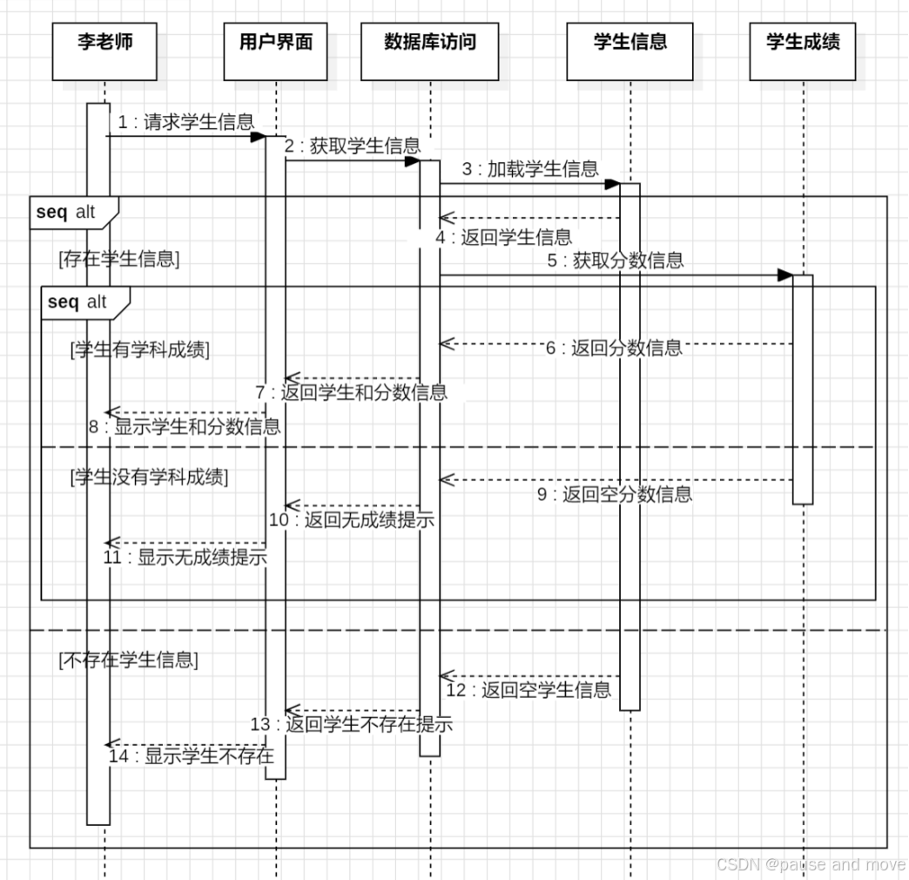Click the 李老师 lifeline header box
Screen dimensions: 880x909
click(x=104, y=51)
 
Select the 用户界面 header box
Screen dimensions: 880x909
click(x=275, y=51)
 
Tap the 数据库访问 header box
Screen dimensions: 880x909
click(x=430, y=51)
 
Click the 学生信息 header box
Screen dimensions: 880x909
click(x=630, y=51)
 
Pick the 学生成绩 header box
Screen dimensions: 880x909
click(x=802, y=51)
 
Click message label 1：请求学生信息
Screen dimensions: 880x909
click(x=186, y=123)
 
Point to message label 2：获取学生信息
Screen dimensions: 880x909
click(x=352, y=146)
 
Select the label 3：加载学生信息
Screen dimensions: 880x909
click(x=530, y=169)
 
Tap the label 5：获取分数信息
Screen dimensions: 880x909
click(x=616, y=260)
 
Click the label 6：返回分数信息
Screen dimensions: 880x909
click(x=614, y=349)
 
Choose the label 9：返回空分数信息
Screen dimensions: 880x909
click(x=615, y=495)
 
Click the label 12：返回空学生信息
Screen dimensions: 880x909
click(x=529, y=690)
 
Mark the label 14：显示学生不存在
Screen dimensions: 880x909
click(x=192, y=755)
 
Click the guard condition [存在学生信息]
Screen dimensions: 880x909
click(x=119, y=259)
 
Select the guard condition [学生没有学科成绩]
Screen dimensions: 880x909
click(x=149, y=477)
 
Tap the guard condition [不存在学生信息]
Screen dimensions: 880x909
click(x=129, y=660)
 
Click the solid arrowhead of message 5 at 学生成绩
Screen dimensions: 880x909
click(x=784, y=275)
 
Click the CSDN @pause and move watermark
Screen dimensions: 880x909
click(x=810, y=864)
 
